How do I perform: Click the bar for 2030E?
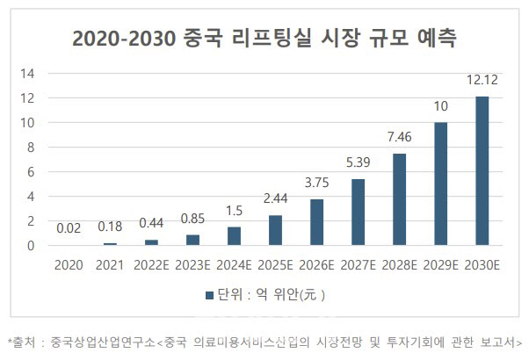(x=482, y=171)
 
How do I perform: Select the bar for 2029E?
(x=440, y=184)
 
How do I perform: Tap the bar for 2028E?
(x=399, y=200)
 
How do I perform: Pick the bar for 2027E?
(x=358, y=212)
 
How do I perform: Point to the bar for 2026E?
(x=316, y=223)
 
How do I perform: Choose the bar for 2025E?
(x=275, y=231)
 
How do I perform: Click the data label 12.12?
(x=482, y=83)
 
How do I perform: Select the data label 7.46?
(x=399, y=140)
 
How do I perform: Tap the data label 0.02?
(x=69, y=230)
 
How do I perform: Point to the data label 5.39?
(x=358, y=164)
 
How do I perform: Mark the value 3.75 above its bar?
(x=316, y=184)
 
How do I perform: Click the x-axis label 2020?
(x=69, y=263)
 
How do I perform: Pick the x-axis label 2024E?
(x=234, y=263)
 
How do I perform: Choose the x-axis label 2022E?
(x=151, y=263)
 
